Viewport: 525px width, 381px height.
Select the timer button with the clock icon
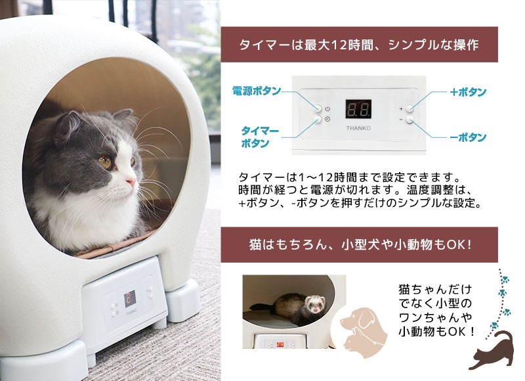(318, 120)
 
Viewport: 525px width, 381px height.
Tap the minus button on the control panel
(410, 120)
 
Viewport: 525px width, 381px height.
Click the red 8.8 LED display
(358, 109)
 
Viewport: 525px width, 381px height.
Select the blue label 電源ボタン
(257, 91)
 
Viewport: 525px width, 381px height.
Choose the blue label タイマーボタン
(261, 137)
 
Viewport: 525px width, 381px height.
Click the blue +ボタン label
(468, 92)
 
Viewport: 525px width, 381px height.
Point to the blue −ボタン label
(468, 137)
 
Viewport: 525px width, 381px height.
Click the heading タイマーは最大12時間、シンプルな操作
(359, 45)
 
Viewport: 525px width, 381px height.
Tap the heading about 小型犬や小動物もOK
(359, 245)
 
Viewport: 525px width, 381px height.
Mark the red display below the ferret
(280, 343)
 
